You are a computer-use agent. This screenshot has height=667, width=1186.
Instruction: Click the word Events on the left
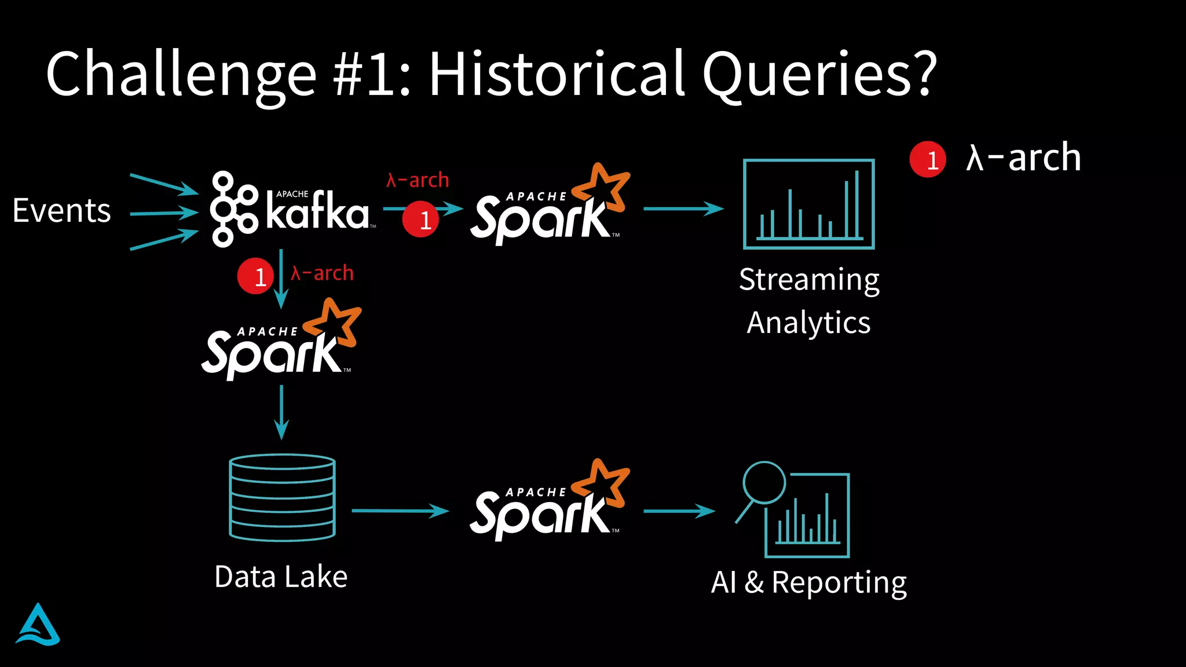61,211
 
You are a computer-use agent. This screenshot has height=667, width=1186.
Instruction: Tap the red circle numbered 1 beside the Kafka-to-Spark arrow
420,219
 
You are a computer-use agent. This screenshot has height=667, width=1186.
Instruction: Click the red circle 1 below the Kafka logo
255,276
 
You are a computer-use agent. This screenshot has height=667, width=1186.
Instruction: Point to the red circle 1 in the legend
928,159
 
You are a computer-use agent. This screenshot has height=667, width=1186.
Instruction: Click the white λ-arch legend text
1023,157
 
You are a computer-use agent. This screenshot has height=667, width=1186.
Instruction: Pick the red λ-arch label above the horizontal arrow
418,180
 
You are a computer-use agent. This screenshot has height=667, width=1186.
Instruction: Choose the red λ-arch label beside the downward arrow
323,273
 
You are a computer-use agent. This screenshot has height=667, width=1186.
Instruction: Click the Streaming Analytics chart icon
808,204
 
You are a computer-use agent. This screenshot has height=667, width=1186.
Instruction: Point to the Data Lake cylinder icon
282,497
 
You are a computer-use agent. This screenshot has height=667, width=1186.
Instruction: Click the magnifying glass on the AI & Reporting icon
764,483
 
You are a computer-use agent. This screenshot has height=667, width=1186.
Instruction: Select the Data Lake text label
281,577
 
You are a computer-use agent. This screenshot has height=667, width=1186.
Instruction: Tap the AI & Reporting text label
808,582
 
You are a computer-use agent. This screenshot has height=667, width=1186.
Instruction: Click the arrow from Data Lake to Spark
400,511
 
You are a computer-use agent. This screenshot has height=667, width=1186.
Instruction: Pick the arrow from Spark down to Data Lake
281,412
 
